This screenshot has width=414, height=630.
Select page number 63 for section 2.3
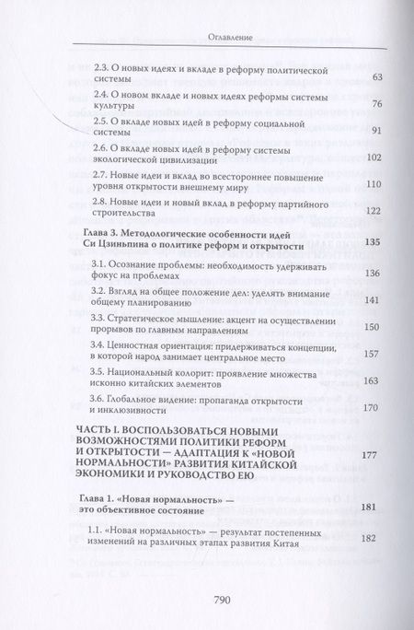(374, 77)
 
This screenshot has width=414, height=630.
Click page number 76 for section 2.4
(374, 104)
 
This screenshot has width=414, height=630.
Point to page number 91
(374, 131)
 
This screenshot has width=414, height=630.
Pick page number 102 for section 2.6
(373, 157)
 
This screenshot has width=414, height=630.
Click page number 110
(373, 184)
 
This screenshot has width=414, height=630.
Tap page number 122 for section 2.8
(373, 211)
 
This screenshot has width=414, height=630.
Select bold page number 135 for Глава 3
(373, 243)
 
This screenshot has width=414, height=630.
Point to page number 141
(373, 300)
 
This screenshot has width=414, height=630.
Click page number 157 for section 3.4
(373, 354)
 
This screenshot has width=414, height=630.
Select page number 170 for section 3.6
(373, 408)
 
